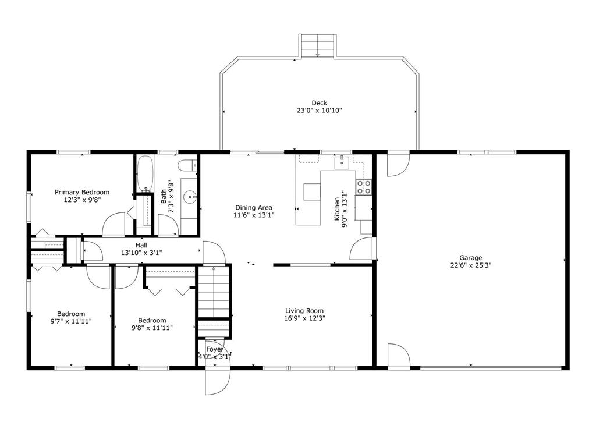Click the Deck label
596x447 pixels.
[320, 102]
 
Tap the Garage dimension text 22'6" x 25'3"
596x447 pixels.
[470, 265]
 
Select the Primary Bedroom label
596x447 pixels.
[82, 192]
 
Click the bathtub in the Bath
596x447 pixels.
[145, 173]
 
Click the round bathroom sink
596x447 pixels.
[189, 197]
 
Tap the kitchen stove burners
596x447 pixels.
[363, 187]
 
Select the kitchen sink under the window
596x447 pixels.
[342, 162]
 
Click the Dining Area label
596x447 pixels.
[254, 208]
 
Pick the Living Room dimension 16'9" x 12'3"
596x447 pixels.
[304, 318]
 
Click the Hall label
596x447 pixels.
[141, 245]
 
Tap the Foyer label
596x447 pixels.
[215, 349]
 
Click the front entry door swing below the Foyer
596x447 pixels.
[218, 381]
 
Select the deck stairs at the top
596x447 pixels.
[318, 45]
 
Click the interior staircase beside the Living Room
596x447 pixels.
[214, 292]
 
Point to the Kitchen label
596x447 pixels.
[337, 209]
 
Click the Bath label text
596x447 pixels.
[164, 196]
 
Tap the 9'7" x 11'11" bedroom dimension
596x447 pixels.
[71, 321]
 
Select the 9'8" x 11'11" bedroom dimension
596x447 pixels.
[152, 327]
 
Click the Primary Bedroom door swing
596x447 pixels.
[113, 224]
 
